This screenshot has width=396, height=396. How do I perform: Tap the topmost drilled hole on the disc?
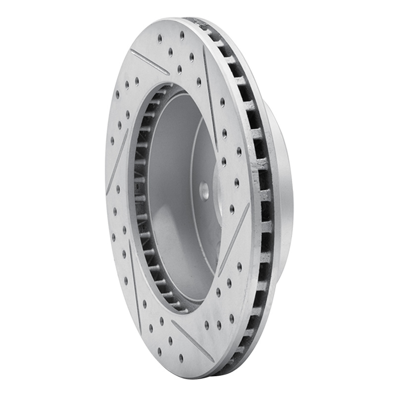[182, 34]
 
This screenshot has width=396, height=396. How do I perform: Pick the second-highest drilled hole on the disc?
[160, 37]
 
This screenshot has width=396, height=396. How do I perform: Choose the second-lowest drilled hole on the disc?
[159, 351]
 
